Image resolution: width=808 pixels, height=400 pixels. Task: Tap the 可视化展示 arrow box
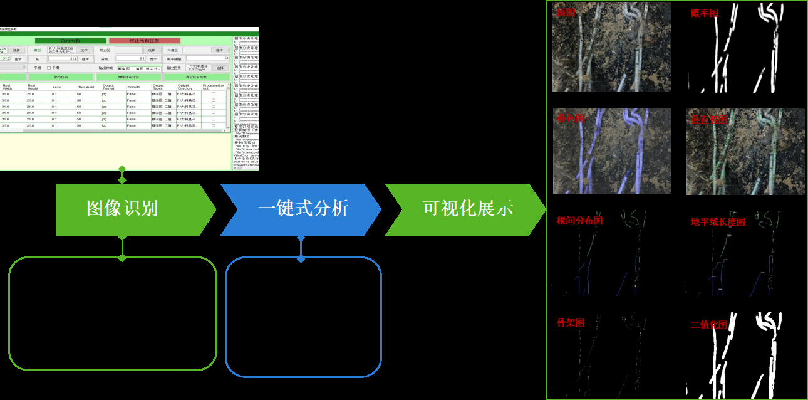(467, 209)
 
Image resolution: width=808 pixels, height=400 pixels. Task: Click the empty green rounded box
(113, 313)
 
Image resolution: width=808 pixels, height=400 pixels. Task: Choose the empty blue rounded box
(303, 317)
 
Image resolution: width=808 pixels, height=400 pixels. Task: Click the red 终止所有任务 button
(144, 41)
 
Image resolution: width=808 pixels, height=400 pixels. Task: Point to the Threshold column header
(86, 87)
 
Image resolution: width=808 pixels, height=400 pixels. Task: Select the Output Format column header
(109, 87)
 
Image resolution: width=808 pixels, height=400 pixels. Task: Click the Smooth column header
(134, 87)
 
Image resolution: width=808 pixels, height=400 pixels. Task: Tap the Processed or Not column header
(213, 87)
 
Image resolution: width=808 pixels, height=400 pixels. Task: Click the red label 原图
(566, 13)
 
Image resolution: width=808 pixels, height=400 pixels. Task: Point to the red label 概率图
(704, 13)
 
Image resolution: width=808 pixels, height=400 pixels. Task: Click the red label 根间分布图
(579, 221)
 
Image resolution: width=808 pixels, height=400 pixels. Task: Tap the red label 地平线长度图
(718, 222)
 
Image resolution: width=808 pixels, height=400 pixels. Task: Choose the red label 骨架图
(570, 323)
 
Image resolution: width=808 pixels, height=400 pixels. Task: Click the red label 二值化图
(709, 325)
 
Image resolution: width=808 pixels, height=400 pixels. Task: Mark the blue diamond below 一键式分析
(301, 259)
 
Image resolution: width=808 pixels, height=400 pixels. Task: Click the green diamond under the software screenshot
(122, 170)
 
